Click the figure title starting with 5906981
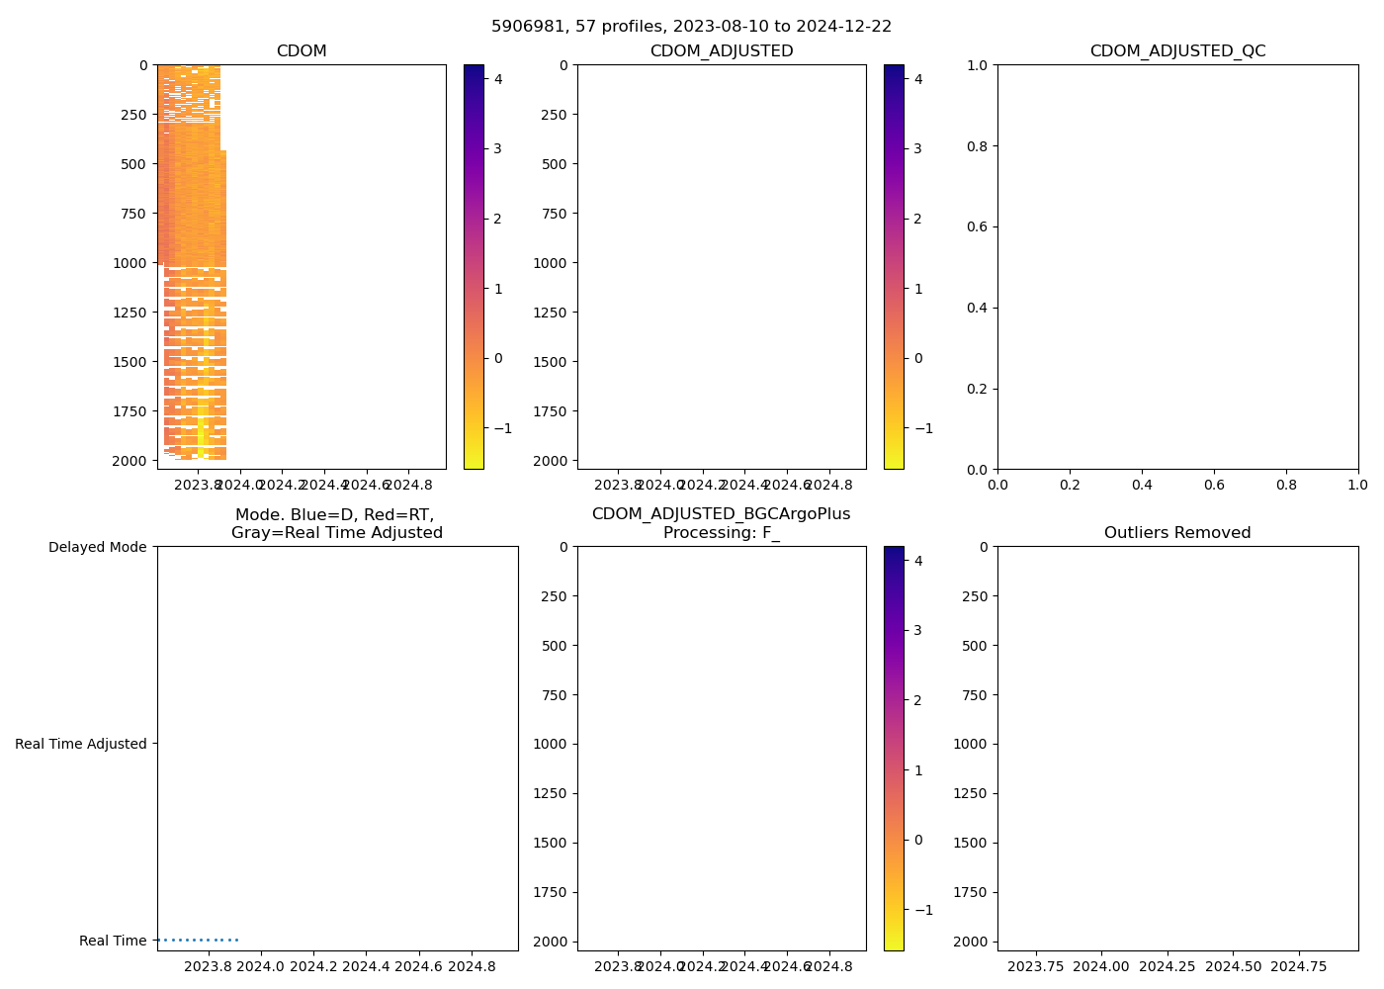[x=691, y=26]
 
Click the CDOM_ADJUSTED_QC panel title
[x=1177, y=51]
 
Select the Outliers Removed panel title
[x=1177, y=533]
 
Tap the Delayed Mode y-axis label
[x=97, y=547]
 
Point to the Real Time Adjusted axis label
[x=81, y=744]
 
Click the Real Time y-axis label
[x=113, y=941]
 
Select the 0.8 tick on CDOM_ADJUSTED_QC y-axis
[x=979, y=146]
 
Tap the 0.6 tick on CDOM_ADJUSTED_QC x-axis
[x=1214, y=485]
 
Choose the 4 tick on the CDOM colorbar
[x=498, y=79]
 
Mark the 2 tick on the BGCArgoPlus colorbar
[x=918, y=700]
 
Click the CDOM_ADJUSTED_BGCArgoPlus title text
[x=721, y=514]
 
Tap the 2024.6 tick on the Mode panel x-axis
[x=420, y=965]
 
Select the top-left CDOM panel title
[x=302, y=51]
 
